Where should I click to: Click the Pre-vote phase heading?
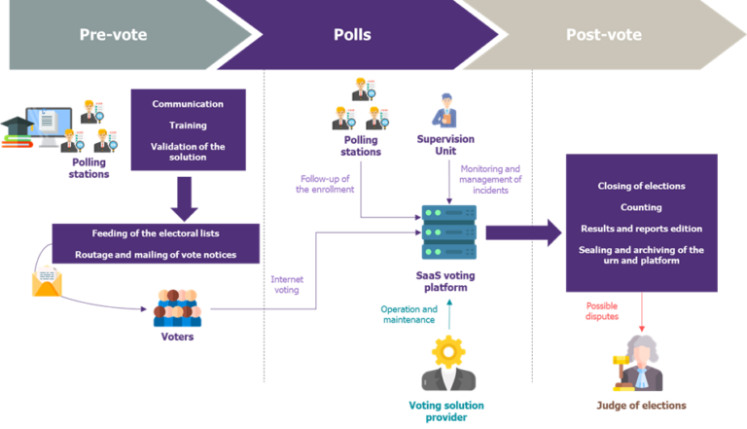[x=113, y=35]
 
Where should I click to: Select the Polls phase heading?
[x=351, y=35]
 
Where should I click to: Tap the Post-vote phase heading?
[x=603, y=35]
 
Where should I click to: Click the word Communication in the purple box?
[x=188, y=104]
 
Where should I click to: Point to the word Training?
[x=188, y=125]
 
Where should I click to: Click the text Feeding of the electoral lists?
[x=156, y=233]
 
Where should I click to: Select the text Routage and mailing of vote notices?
[x=156, y=255]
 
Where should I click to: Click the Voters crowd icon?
[x=177, y=308]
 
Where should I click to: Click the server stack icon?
[x=448, y=232]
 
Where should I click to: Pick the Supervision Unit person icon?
[x=446, y=110]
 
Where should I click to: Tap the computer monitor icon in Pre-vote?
[x=48, y=124]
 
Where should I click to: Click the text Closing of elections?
[x=641, y=186]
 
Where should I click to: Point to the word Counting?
[x=641, y=207]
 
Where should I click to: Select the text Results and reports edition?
[x=641, y=229]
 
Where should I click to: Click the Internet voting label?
[x=286, y=283]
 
